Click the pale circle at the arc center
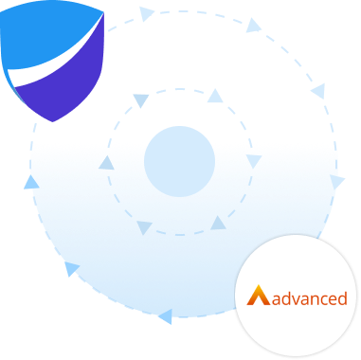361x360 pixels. [180, 161]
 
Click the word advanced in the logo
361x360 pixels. [309, 298]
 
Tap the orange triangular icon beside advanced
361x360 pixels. [258, 296]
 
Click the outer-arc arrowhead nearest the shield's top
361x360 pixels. [146, 14]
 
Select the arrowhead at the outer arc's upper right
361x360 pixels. [253, 26]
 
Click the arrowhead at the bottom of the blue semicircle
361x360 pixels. [165, 315]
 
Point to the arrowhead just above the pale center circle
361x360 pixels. [215, 96]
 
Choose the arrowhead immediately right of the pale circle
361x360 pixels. [253, 161]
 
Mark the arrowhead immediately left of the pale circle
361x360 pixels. [107, 163]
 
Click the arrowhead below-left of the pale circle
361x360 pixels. [144, 227]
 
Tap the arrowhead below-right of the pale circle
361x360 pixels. [218, 224]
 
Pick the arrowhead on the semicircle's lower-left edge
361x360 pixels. [72, 269]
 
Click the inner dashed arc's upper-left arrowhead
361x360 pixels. [140, 99]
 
